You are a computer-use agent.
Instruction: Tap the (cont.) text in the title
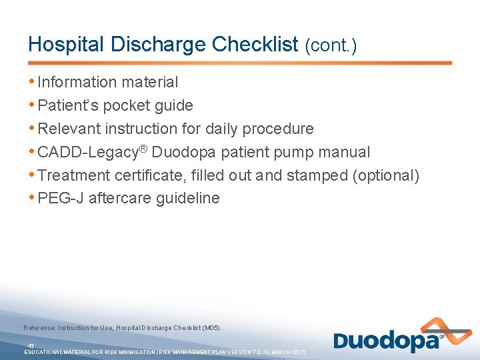[x=331, y=45]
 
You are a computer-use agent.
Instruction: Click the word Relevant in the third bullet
[x=69, y=129]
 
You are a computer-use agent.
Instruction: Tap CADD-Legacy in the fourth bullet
[x=89, y=153]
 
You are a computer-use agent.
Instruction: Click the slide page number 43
[x=30, y=345]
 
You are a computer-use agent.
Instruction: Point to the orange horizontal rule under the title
[x=240, y=63]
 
